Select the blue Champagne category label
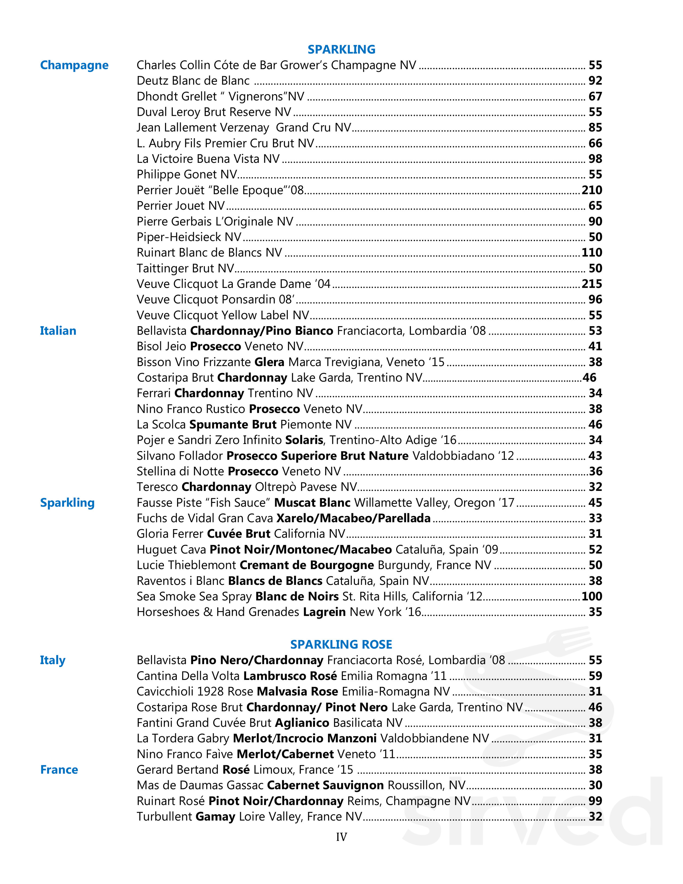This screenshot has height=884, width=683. coord(74,65)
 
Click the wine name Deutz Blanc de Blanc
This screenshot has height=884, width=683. coord(193,81)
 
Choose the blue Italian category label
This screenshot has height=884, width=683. coord(58,331)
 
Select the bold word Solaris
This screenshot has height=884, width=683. coord(304,440)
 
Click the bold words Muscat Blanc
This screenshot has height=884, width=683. coord(312,503)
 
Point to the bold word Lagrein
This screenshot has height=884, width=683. coord(324,612)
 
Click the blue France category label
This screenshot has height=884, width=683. coord(59,770)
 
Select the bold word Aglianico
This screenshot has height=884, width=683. coord(302,723)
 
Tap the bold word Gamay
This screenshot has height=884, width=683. coord(215,817)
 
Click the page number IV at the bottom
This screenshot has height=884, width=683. coord(341,837)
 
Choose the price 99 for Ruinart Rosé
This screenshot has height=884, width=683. coord(595,801)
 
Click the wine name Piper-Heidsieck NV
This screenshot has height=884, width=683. coord(189,237)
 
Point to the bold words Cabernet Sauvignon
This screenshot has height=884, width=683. coord(325,785)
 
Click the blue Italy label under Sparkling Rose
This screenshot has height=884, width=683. coord(53,660)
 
